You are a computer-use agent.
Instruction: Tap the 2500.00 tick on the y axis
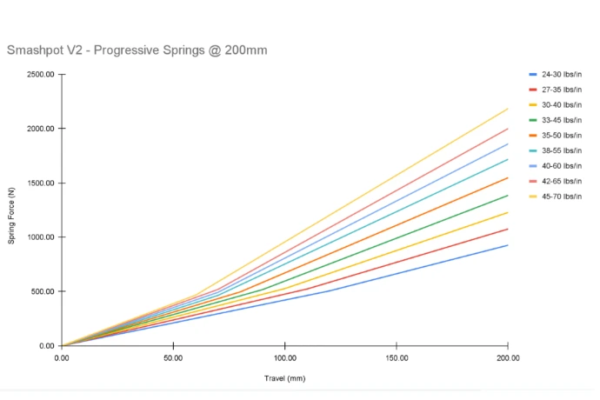(40, 75)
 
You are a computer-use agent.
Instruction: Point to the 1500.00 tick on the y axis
(40, 183)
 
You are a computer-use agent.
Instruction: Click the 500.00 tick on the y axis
(42, 291)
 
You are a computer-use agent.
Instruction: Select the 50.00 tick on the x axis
(173, 357)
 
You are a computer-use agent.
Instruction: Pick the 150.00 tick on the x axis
(396, 357)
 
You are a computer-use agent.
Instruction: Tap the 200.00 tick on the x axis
(507, 357)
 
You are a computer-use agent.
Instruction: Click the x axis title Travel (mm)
(284, 378)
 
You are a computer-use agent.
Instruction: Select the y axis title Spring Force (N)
(12, 210)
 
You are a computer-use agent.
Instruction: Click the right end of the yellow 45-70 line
(508, 109)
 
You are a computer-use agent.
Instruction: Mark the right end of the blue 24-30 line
(508, 245)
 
